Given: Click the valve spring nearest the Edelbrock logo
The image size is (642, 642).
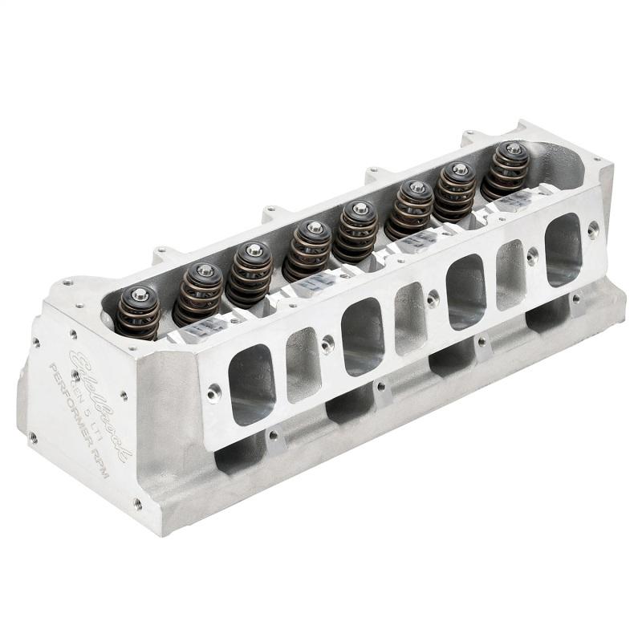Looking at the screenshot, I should pyautogui.click(x=137, y=312).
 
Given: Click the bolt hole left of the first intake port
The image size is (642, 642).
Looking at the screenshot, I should pyautogui.click(x=213, y=393).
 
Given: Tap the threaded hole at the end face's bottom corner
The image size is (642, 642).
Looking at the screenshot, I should pyautogui.click(x=137, y=504).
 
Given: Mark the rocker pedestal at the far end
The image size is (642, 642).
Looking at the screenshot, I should pyautogui.click(x=514, y=202).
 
